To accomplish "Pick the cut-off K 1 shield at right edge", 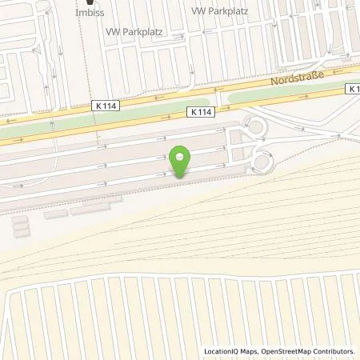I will [354, 89].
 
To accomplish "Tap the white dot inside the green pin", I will [182, 156].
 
